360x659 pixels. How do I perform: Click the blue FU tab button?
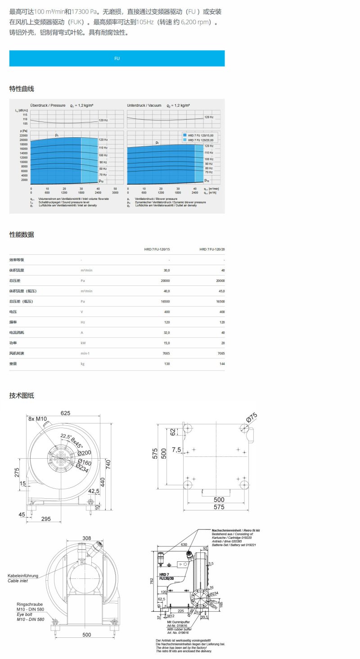pyautogui.click(x=117, y=59)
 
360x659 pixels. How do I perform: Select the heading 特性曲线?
pyautogui.click(x=22, y=89)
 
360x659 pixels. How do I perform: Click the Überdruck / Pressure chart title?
pyautogui.click(x=48, y=105)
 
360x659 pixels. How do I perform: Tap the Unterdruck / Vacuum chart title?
pyautogui.click(x=144, y=105)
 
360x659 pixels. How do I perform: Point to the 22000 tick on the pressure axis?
pyautogui.click(x=24, y=135)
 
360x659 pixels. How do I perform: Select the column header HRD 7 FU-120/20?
pyautogui.click(x=212, y=249)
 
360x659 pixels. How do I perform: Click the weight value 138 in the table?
pyautogui.click(x=167, y=363)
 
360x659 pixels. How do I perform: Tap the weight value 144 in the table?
pyautogui.click(x=221, y=363)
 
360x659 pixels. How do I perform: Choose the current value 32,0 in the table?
pyautogui.click(x=166, y=332)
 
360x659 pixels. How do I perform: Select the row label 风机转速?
pyautogui.click(x=17, y=353)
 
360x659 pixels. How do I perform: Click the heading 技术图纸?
pyautogui.click(x=22, y=396)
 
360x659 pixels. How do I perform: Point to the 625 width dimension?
pyautogui.click(x=66, y=413)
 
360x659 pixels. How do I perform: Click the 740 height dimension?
pyautogui.click(x=108, y=463)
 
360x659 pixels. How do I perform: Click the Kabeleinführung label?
pyautogui.click(x=23, y=575)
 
